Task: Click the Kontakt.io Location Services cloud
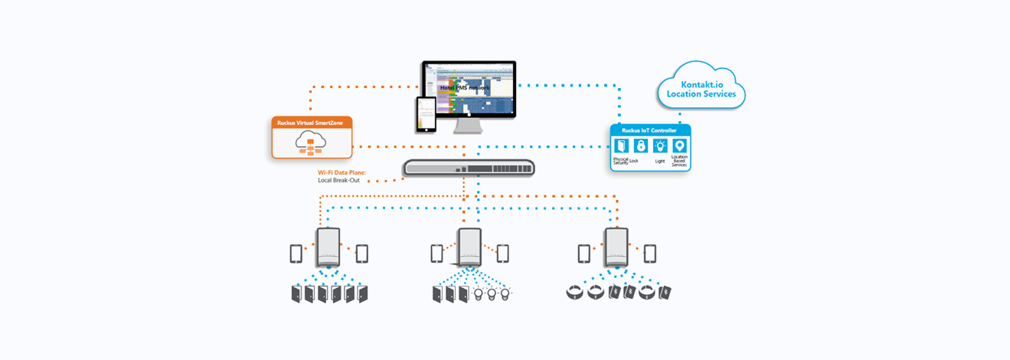(x=701, y=88)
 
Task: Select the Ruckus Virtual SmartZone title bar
(x=312, y=123)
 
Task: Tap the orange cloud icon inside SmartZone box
(x=311, y=142)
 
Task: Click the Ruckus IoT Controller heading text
(x=650, y=130)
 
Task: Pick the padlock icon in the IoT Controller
(x=640, y=146)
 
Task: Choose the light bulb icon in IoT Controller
(x=660, y=146)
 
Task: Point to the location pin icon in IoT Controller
(x=679, y=146)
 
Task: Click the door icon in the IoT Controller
(x=621, y=146)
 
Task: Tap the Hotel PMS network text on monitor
(x=464, y=87)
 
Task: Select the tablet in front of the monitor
(x=426, y=114)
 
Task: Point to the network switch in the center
(x=469, y=169)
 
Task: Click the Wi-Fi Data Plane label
(x=342, y=173)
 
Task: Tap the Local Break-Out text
(x=339, y=181)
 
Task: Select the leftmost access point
(x=328, y=247)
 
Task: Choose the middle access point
(x=469, y=247)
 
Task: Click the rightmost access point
(x=616, y=247)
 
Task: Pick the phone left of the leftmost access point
(x=296, y=253)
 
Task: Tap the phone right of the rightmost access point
(x=649, y=253)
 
